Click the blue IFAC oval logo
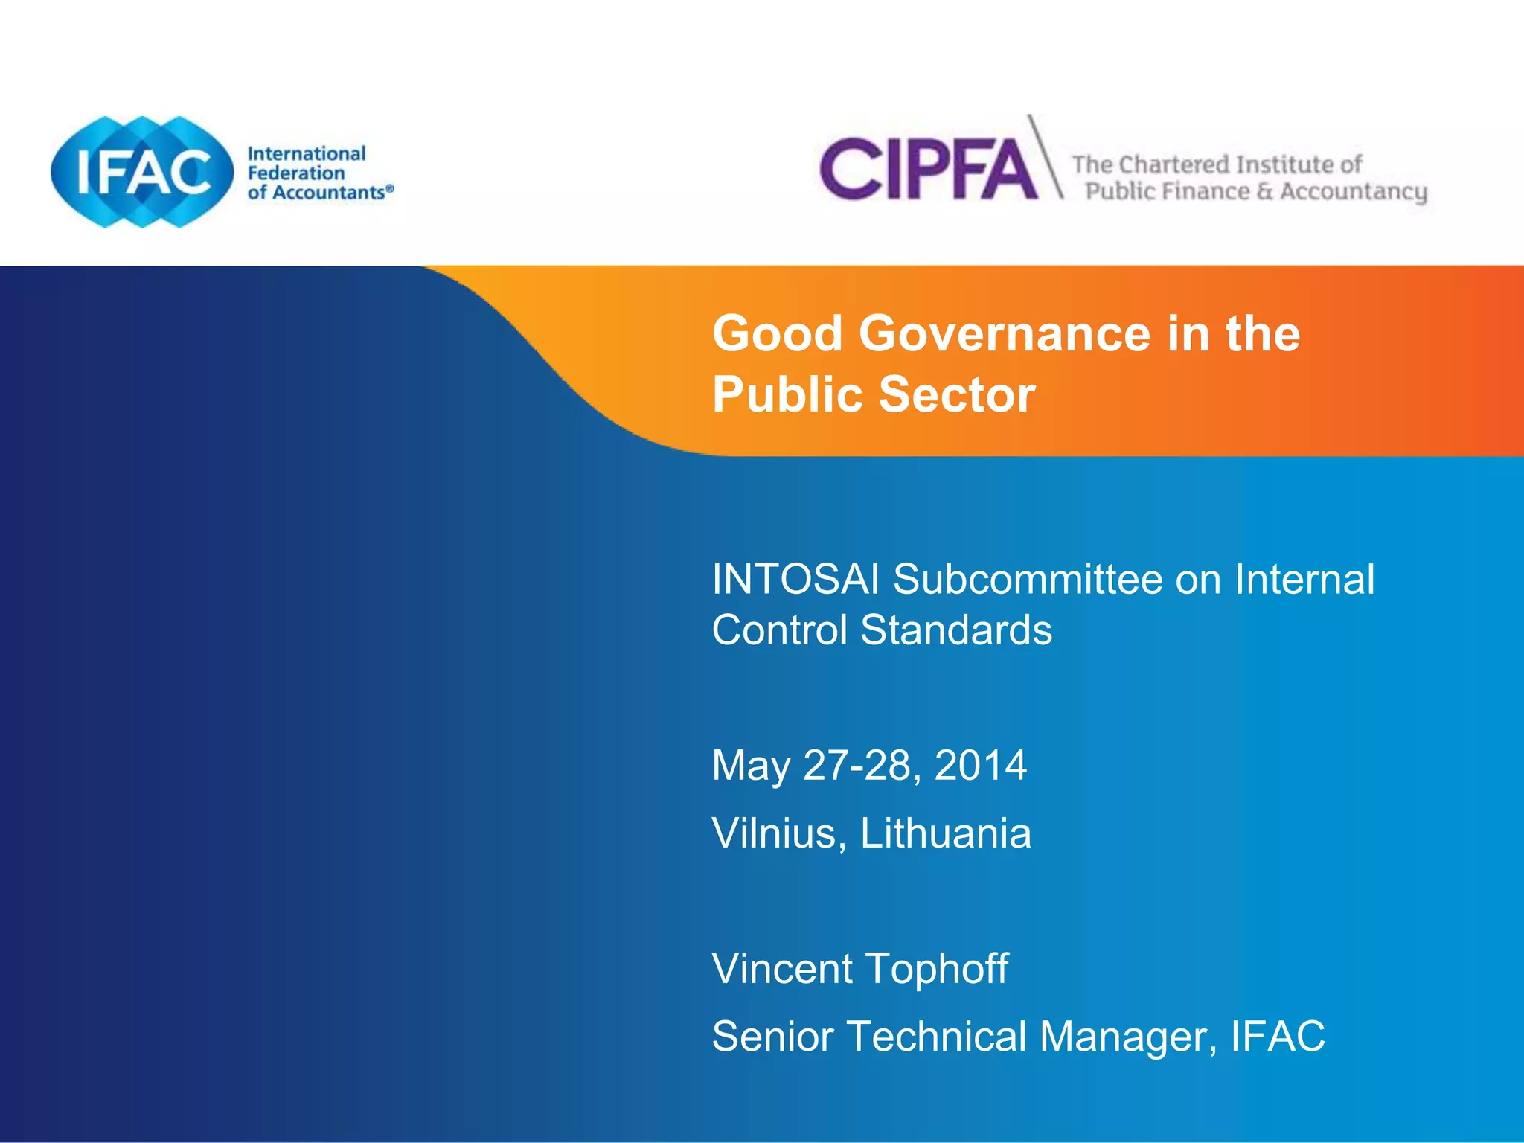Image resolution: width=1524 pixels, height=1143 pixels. tap(141, 172)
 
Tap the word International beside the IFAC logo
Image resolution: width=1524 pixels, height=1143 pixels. tap(306, 153)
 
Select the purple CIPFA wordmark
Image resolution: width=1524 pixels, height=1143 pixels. tap(928, 170)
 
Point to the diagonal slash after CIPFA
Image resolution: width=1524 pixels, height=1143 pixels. tap(1046, 157)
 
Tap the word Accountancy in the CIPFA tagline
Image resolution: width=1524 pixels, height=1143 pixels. tap(1353, 192)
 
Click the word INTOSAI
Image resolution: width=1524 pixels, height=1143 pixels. tap(795, 579)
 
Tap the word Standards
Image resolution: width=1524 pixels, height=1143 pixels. tap(955, 630)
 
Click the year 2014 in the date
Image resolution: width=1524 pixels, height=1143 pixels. tap(980, 765)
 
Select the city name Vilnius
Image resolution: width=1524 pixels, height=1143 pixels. tap(774, 833)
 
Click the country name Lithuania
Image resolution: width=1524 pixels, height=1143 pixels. tap(945, 833)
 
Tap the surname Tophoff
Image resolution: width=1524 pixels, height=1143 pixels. tap(936, 969)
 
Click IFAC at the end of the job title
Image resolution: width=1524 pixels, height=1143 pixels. tap(1278, 1036)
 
